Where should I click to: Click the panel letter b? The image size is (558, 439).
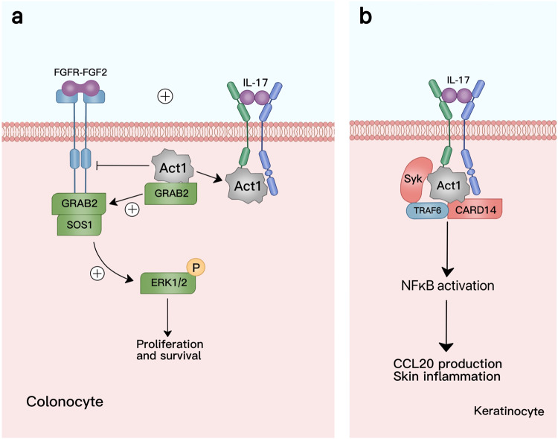367,17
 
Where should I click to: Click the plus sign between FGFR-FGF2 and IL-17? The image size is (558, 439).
164,96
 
